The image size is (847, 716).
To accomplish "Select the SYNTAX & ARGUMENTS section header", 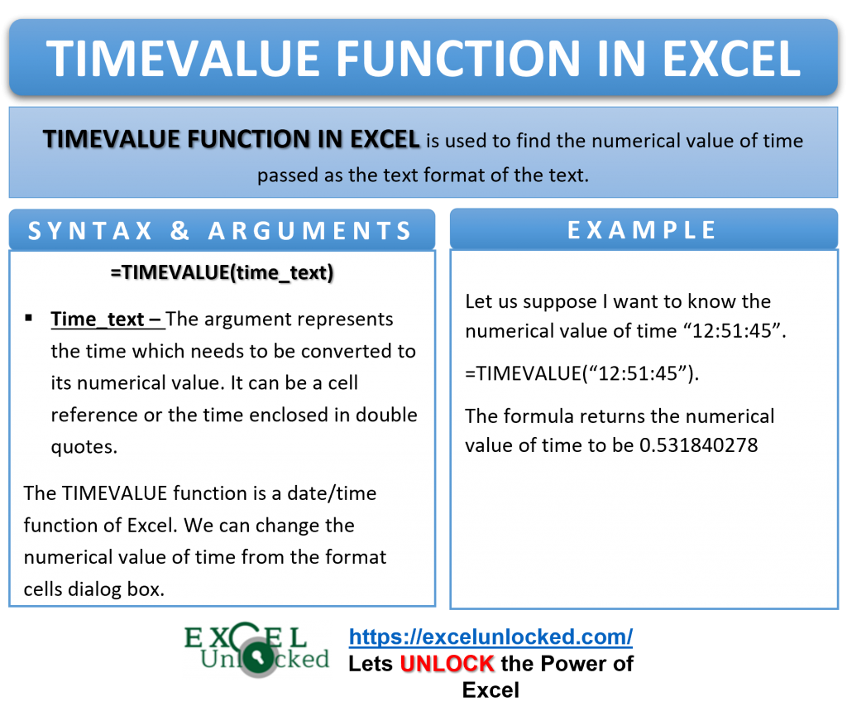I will (x=221, y=231).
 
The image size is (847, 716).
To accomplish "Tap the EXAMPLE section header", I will (x=643, y=230).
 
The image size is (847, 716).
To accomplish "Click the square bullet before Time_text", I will (x=30, y=319).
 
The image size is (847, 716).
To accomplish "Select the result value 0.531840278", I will (x=698, y=445).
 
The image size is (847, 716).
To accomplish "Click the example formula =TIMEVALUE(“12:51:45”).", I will (x=581, y=373).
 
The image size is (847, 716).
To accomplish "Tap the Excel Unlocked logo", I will (x=257, y=650).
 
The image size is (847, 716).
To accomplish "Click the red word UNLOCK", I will (x=447, y=664).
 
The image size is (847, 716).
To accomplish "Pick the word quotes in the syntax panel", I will (x=84, y=447).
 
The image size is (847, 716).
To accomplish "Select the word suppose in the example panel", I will (x=559, y=301).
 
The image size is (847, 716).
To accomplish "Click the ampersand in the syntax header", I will (x=180, y=231).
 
